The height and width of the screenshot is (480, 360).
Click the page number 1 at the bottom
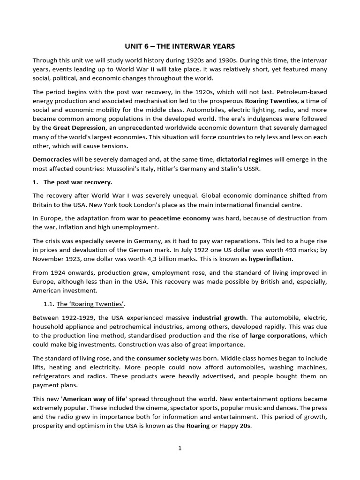click(x=180, y=448)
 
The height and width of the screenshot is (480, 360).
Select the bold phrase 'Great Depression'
click(x=76, y=127)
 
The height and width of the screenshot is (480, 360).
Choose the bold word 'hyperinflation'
click(x=270, y=259)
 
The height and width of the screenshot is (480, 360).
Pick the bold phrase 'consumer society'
click(x=162, y=358)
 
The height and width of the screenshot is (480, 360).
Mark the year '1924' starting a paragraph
click(x=58, y=272)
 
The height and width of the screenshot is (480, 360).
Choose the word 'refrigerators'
click(x=52, y=376)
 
